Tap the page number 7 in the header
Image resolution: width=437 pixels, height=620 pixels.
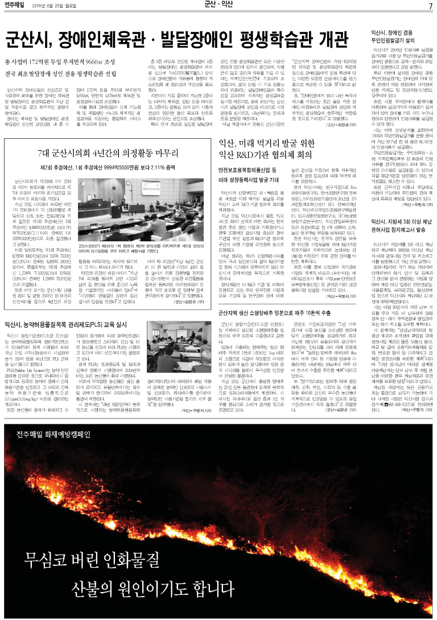[431, 6]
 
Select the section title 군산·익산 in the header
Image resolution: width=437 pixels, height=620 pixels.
[218, 6]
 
